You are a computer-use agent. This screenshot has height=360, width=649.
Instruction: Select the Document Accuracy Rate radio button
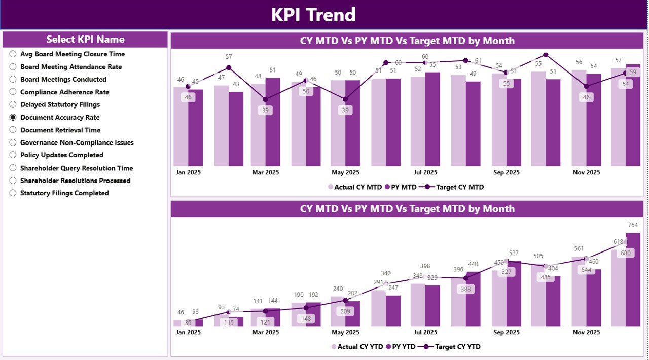pos(13,117)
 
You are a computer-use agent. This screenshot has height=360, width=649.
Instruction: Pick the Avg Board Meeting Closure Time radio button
pos(13,54)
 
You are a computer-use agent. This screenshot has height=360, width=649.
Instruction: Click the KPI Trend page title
pos(313,15)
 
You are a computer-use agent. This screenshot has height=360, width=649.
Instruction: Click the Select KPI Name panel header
pos(85,40)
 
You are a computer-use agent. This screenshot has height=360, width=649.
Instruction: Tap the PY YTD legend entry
pos(400,347)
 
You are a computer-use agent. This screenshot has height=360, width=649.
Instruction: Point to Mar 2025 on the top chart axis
pos(265,172)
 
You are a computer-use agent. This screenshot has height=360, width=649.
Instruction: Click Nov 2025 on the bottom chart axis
pos(586,332)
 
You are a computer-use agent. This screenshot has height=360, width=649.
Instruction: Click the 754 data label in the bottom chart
pos(633,225)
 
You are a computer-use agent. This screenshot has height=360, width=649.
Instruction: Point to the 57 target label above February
pos(229,57)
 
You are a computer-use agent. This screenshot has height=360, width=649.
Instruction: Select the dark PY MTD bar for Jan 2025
pos(196,128)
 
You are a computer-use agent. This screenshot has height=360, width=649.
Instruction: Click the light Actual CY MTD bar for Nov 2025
pos(579,118)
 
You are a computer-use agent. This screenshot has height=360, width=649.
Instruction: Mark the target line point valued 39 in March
pos(265,99)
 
